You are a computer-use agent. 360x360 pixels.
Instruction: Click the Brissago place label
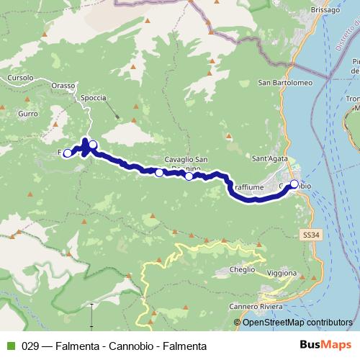coord(324,11)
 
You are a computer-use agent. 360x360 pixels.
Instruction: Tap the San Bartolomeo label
coord(285,82)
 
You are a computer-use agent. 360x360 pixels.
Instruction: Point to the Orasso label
coord(63,85)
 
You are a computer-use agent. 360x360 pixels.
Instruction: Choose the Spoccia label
coord(94,97)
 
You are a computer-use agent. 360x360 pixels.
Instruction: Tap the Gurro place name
coord(28,113)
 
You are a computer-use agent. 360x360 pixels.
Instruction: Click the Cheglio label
coord(243,269)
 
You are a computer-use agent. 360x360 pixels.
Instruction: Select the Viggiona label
coord(282,273)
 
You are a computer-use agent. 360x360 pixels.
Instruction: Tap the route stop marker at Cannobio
coord(294,184)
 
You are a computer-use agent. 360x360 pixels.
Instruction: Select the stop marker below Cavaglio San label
coord(189,176)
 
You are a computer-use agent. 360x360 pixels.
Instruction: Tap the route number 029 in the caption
coord(30,346)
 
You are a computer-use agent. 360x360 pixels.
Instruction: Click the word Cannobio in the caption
coord(132,346)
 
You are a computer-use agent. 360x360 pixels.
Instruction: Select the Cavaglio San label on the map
coord(186,159)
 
